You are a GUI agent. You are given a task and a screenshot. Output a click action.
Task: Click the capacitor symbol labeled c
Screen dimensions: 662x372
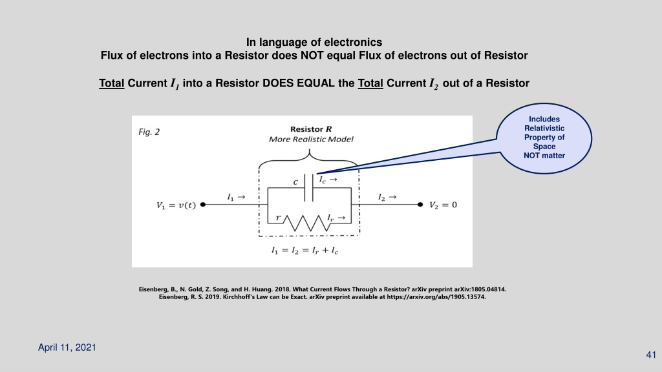pos(309,188)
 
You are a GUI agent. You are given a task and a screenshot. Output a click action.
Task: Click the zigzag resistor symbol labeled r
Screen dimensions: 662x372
pos(307,223)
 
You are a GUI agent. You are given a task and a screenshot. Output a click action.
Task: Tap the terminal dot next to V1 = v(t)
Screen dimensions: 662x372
pos(202,205)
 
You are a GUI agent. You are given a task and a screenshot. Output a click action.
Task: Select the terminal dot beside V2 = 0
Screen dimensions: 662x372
pos(420,205)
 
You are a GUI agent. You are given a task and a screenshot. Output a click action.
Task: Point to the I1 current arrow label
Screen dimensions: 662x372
pos(236,197)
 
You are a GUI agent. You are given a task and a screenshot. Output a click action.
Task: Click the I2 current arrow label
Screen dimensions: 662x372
pos(387,197)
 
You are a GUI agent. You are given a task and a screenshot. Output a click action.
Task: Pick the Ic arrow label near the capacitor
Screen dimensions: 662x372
pos(328,180)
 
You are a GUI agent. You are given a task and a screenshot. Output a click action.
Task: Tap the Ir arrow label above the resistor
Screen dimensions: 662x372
pos(336,218)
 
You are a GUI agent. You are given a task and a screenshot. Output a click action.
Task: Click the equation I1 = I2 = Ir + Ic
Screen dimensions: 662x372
pos(304,251)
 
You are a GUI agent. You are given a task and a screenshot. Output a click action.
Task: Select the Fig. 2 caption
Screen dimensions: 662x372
pos(149,132)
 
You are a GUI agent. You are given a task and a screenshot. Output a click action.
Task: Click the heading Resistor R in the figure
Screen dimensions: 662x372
pos(311,129)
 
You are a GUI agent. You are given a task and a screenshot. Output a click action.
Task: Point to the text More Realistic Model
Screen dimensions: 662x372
pos(311,139)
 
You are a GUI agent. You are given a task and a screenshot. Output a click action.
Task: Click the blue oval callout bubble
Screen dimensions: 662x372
pos(544,138)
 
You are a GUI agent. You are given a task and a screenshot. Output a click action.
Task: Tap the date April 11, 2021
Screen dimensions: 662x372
pos(67,347)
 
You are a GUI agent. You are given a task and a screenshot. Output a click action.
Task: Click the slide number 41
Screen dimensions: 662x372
pos(651,355)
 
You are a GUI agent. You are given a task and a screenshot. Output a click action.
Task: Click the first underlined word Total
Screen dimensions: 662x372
pos(111,83)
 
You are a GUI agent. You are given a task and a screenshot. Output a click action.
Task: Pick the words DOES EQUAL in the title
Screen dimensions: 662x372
pos(299,83)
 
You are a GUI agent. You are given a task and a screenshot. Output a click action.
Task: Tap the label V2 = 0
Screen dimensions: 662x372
pos(443,205)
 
